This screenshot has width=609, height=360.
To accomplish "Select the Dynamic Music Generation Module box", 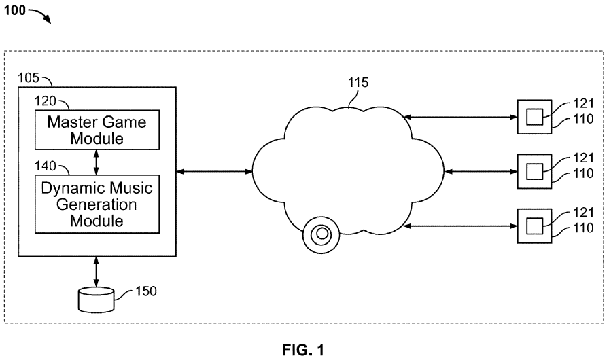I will click(x=96, y=203).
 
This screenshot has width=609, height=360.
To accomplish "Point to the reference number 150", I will click(x=146, y=291).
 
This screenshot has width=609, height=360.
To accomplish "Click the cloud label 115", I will click(x=358, y=84).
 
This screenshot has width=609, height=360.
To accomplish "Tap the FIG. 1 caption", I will click(x=303, y=350).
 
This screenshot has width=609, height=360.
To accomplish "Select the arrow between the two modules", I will click(x=96, y=162).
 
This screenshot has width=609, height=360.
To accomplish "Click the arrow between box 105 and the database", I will click(x=96, y=272).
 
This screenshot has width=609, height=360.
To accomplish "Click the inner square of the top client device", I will click(x=535, y=117).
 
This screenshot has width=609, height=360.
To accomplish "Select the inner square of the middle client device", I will click(x=535, y=169).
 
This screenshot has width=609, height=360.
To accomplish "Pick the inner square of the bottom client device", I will click(x=535, y=222).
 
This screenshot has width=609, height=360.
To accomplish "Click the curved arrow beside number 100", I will click(x=42, y=16).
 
